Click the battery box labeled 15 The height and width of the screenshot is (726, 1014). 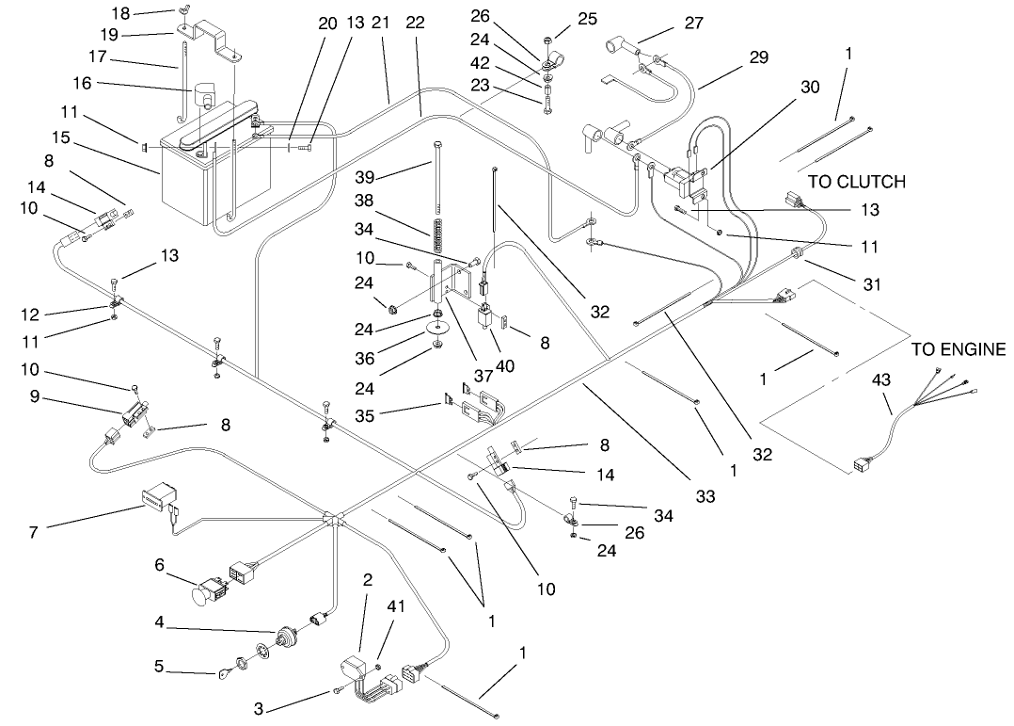click(x=193, y=184)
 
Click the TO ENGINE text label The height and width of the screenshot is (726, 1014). click(x=959, y=350)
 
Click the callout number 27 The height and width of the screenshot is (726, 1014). click(x=693, y=24)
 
